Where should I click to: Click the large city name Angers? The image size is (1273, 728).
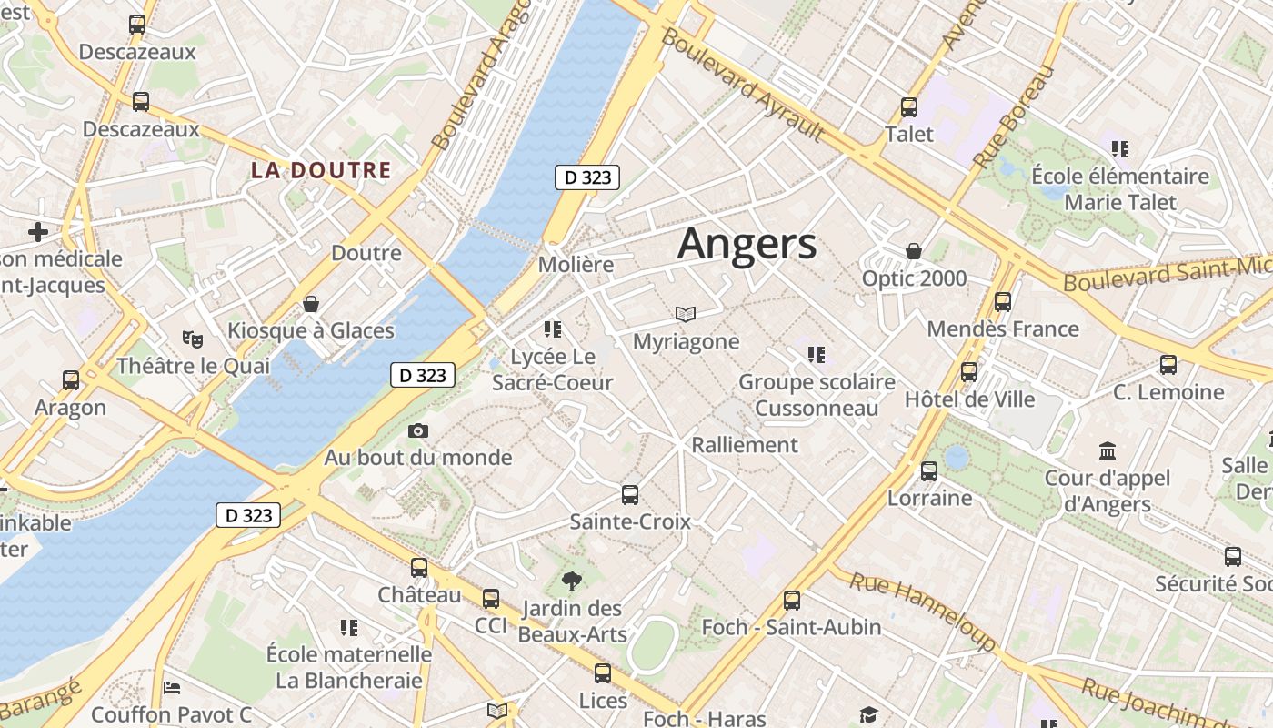pyautogui.click(x=747, y=244)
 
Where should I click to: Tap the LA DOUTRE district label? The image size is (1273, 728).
pyautogui.click(x=321, y=170)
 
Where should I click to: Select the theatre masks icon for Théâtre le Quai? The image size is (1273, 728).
pyautogui.click(x=192, y=339)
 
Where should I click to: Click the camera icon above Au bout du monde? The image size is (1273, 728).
pyautogui.click(x=418, y=430)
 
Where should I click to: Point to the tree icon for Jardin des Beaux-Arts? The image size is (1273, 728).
pyautogui.click(x=572, y=581)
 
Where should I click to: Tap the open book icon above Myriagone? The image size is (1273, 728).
pyautogui.click(x=686, y=315)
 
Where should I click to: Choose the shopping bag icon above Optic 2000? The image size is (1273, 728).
pyautogui.click(x=914, y=251)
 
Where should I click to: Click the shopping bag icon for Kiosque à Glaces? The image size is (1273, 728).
pyautogui.click(x=311, y=303)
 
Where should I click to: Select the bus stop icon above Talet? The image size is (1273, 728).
pyautogui.click(x=908, y=107)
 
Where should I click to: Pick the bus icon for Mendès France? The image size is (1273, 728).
pyautogui.click(x=1003, y=302)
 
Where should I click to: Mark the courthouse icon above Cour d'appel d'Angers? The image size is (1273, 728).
pyautogui.click(x=1108, y=450)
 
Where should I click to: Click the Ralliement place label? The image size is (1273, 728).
pyautogui.click(x=745, y=445)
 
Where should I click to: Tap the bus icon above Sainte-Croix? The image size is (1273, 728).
pyautogui.click(x=630, y=495)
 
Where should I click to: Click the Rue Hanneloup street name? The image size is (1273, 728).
pyautogui.click(x=923, y=612)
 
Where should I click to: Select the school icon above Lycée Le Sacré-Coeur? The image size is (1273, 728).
pyautogui.click(x=552, y=329)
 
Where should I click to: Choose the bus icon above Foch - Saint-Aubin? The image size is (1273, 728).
pyautogui.click(x=792, y=601)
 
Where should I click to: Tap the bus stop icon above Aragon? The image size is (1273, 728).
pyautogui.click(x=71, y=380)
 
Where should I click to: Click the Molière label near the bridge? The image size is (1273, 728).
pyautogui.click(x=576, y=265)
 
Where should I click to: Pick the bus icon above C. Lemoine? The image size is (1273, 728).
pyautogui.click(x=1168, y=365)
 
